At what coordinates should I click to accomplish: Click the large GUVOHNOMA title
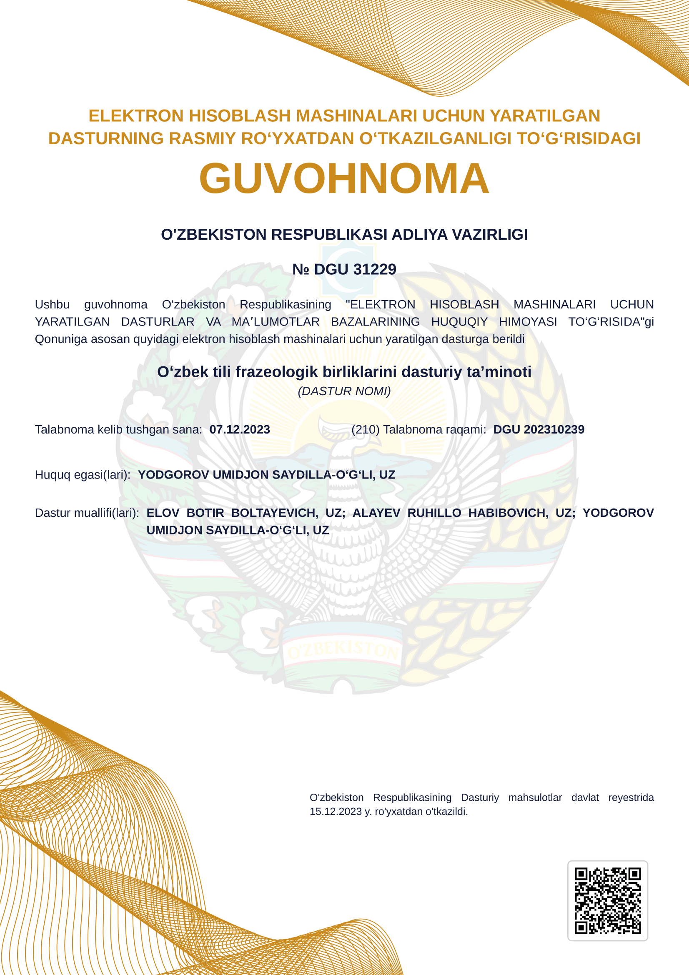coord(344,178)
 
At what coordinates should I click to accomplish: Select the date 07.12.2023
coord(239,429)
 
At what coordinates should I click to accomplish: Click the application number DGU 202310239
coord(538,429)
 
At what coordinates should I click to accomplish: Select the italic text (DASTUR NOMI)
coord(344,391)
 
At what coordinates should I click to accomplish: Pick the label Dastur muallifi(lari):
coord(87,513)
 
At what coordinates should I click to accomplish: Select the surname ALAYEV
coord(376,513)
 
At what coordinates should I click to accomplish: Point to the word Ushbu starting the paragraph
coord(52,304)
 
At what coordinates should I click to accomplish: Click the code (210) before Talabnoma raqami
coord(365,429)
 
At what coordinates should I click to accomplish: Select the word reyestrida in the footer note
coord(631,797)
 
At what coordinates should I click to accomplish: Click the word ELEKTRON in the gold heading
coord(136,116)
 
